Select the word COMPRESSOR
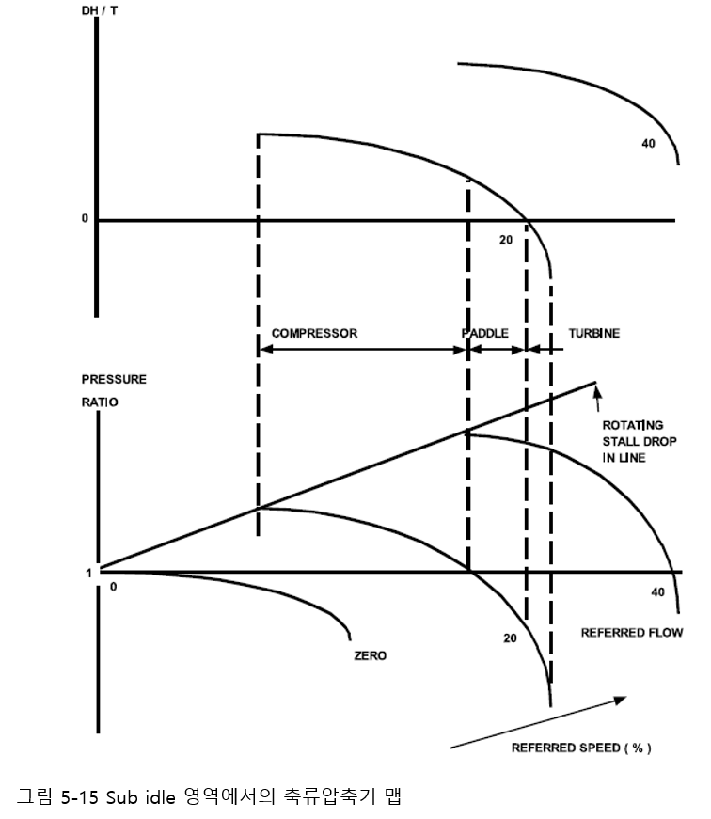[x=314, y=333]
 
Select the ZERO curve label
[x=370, y=655]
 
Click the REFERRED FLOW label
[x=631, y=632]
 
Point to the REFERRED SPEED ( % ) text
[x=581, y=748]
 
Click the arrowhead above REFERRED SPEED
[x=620, y=700]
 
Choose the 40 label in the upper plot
[x=648, y=144]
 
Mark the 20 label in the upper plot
[x=506, y=240]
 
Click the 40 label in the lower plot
[x=657, y=592]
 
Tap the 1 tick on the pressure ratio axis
[x=89, y=572]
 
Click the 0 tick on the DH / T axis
[x=84, y=219]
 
